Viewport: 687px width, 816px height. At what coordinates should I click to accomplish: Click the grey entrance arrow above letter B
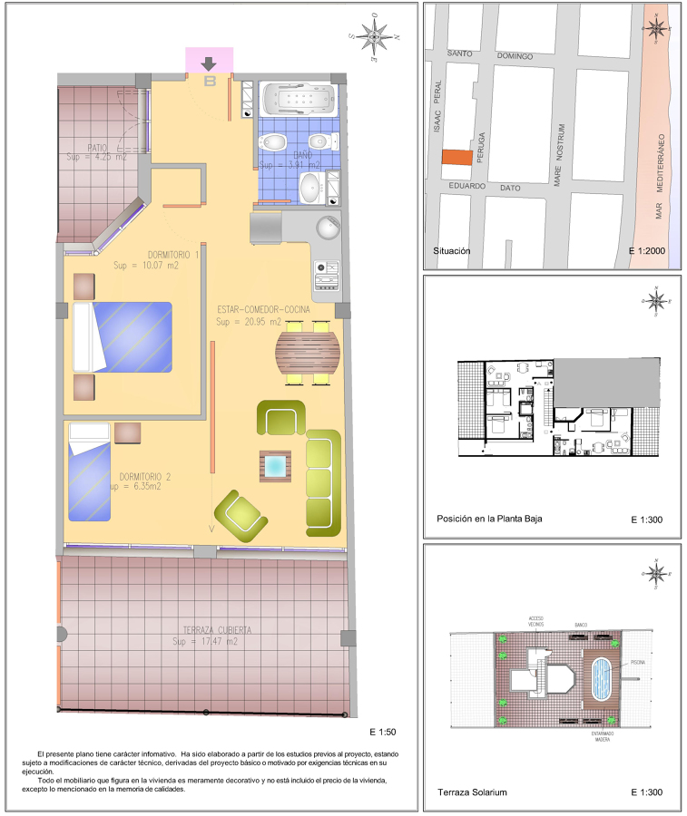click(x=210, y=63)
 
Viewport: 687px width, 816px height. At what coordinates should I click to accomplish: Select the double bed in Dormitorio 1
click(x=122, y=335)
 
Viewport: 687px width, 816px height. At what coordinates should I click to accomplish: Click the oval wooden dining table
click(x=309, y=353)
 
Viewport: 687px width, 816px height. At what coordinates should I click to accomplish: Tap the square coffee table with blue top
click(x=275, y=466)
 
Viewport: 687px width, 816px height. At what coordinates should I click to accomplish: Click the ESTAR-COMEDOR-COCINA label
click(x=263, y=309)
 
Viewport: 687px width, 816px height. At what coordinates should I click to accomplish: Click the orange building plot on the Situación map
click(x=457, y=156)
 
